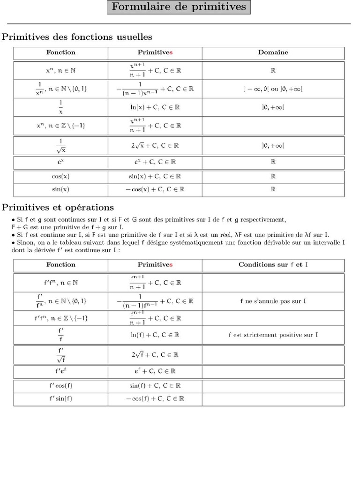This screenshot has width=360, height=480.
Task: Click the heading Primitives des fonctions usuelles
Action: (77, 37)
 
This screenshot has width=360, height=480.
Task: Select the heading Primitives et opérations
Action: (58, 207)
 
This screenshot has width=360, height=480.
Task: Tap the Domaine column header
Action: (273, 52)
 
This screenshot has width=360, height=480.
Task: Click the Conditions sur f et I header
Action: (273, 265)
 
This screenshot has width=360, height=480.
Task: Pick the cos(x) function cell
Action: (61, 177)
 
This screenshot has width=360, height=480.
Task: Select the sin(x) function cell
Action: (61, 189)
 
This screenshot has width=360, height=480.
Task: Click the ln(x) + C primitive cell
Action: (155, 107)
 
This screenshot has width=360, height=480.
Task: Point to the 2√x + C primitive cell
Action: (155, 145)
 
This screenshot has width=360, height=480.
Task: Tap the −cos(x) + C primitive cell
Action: (155, 189)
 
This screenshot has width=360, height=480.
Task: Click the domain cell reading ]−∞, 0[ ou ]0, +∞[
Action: (273, 89)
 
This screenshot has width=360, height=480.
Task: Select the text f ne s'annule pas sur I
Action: (273, 300)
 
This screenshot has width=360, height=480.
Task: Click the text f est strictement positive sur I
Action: (273, 335)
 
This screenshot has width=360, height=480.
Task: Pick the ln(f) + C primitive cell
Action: (155, 335)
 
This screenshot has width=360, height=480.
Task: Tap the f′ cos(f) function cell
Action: (61, 386)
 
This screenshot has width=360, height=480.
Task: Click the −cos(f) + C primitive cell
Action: (155, 398)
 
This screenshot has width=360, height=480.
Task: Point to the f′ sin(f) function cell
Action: (61, 398)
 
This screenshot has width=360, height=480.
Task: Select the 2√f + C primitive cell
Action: (155, 354)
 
